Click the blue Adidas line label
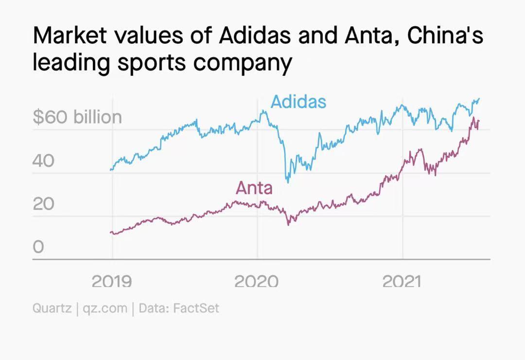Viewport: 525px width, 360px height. (x=298, y=102)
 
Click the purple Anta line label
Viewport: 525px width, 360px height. (x=254, y=188)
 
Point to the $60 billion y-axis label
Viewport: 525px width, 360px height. (x=77, y=117)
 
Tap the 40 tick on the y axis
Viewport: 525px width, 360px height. (x=44, y=161)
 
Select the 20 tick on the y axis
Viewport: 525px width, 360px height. (x=44, y=204)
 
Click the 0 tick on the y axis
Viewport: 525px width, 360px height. (x=38, y=247)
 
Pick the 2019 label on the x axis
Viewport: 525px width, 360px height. (x=111, y=281)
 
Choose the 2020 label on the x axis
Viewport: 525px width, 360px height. (x=257, y=281)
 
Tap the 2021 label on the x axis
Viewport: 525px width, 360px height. (x=402, y=281)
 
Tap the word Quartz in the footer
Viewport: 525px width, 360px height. (x=52, y=308)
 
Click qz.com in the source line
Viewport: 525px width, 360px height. (x=105, y=308)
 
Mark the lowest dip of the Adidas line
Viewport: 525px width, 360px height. (x=288, y=182)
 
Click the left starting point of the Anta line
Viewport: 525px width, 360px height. (x=111, y=233)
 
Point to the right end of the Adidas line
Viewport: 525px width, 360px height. (x=479, y=99)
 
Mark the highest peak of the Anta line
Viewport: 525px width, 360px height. (x=473, y=117)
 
